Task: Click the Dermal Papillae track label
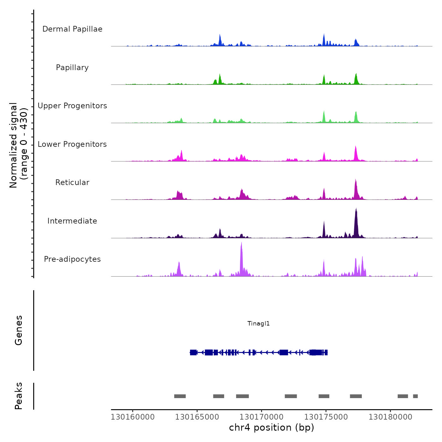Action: click(x=72, y=29)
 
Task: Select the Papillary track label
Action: click(x=72, y=68)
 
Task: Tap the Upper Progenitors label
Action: click(x=72, y=106)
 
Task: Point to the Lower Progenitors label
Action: click(x=72, y=144)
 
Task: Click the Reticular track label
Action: click(x=72, y=182)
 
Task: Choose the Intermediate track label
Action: click(x=72, y=221)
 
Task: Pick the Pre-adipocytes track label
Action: click(x=72, y=259)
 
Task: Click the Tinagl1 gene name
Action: click(x=259, y=324)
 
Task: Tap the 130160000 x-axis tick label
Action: click(x=133, y=417)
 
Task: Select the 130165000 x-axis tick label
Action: click(x=197, y=417)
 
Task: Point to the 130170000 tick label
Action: click(x=261, y=417)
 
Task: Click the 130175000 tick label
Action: click(x=326, y=417)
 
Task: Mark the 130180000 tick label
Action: click(x=390, y=417)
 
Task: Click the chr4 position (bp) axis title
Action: click(x=272, y=427)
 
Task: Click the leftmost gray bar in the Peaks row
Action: click(x=180, y=396)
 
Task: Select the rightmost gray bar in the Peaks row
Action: click(x=415, y=396)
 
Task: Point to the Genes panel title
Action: click(x=19, y=330)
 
